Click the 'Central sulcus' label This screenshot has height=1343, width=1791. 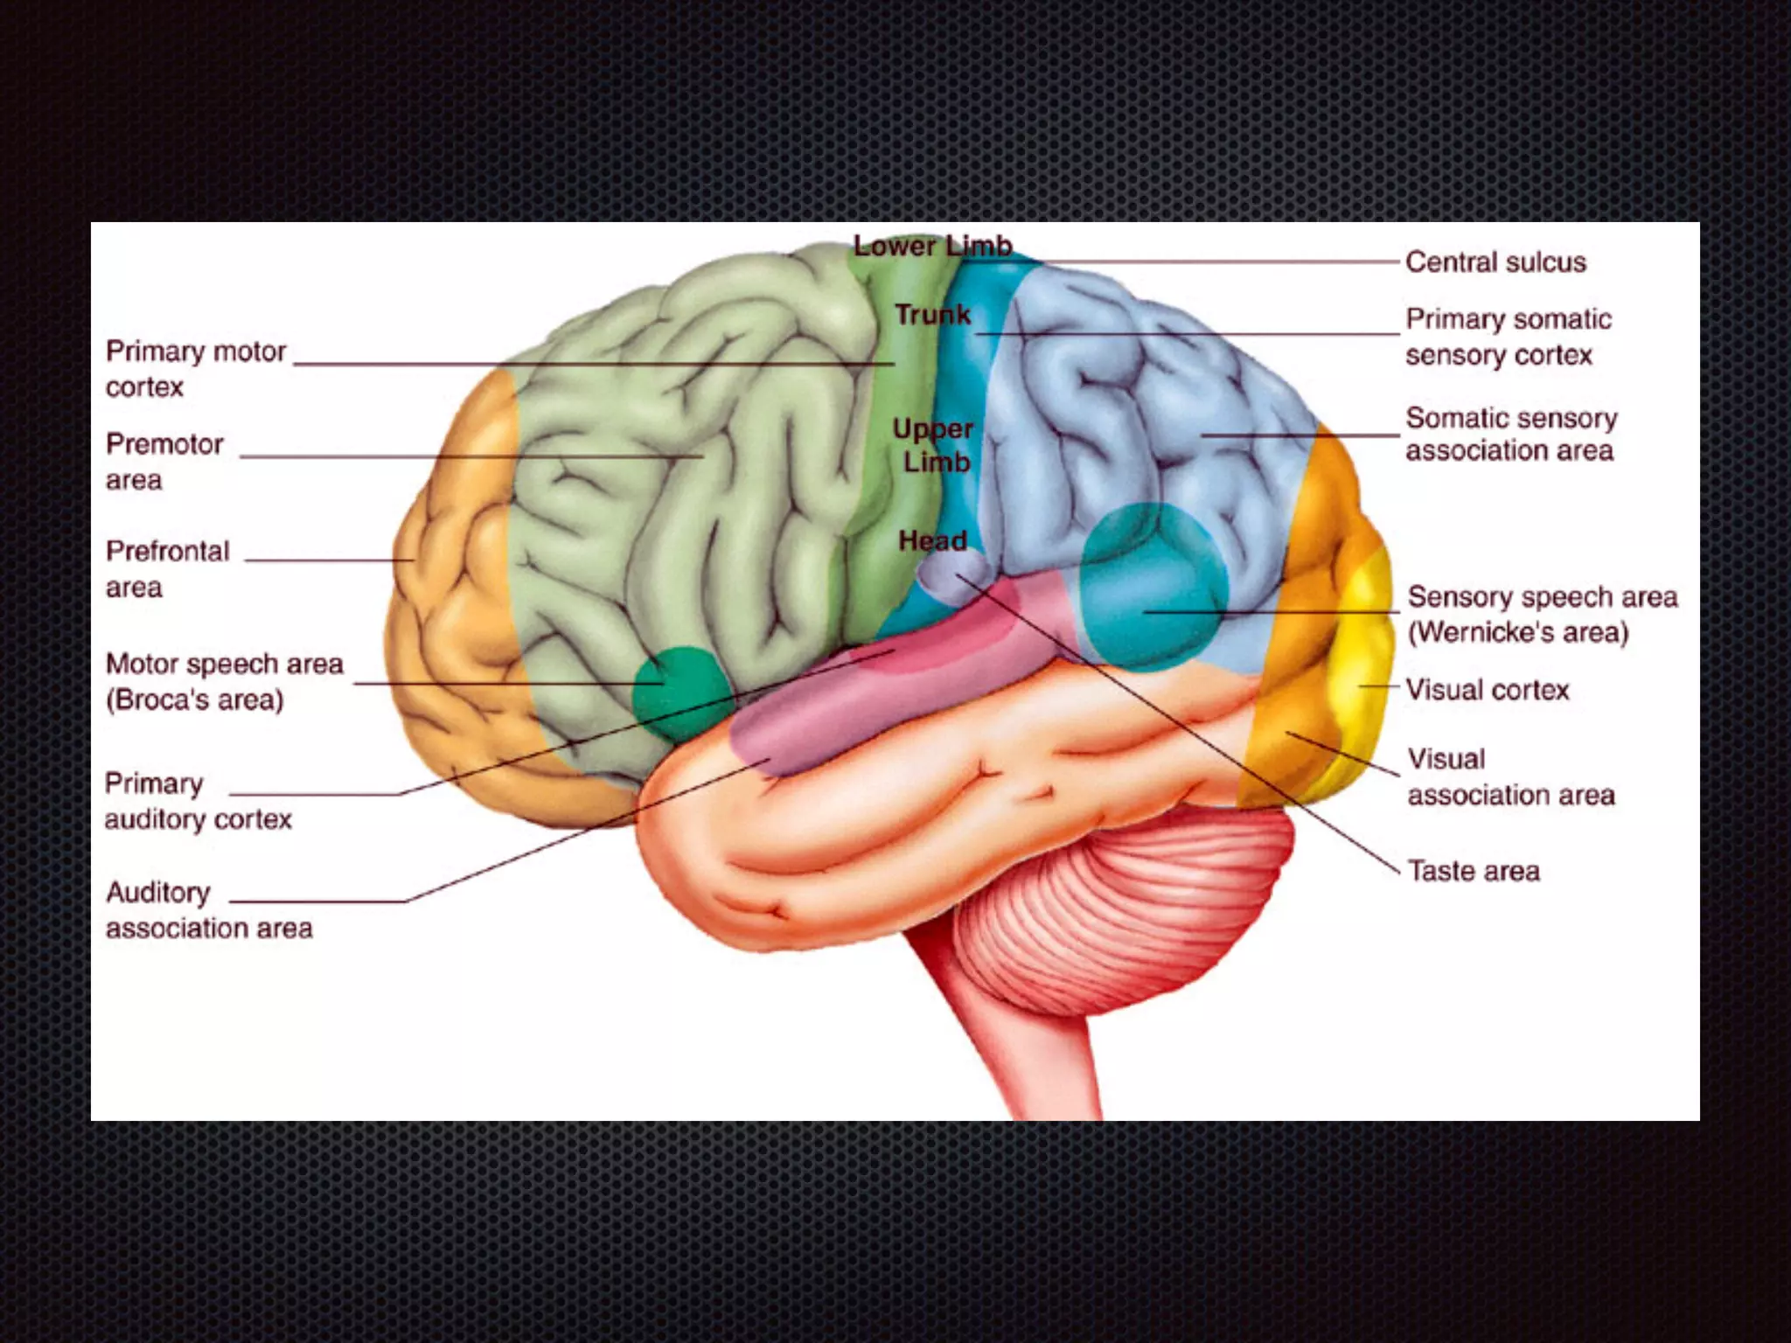[x=1495, y=262]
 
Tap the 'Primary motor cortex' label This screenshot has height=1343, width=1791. [x=195, y=369]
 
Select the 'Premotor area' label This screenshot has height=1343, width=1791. [x=164, y=462]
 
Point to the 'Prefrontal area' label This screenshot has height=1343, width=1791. [x=167, y=569]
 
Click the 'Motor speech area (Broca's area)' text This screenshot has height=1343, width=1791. [x=224, y=682]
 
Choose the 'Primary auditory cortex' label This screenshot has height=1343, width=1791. [x=198, y=801]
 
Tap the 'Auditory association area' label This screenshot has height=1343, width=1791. [x=208, y=910]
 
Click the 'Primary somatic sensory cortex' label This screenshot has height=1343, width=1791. [x=1508, y=337]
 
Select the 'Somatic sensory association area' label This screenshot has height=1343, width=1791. [x=1510, y=435]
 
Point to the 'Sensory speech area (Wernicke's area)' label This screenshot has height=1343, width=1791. [x=1542, y=614]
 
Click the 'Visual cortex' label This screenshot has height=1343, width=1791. [x=1487, y=690]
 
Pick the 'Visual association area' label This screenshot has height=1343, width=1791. [x=1510, y=776]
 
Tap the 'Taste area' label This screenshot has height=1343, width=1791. [x=1474, y=871]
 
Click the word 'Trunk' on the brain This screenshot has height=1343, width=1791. [x=932, y=315]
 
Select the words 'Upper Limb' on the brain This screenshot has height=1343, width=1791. [x=934, y=445]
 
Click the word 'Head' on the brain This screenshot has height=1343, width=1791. [x=932, y=541]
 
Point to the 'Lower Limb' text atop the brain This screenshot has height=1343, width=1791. [x=932, y=247]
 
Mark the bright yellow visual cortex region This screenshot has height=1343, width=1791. [x=1364, y=665]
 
